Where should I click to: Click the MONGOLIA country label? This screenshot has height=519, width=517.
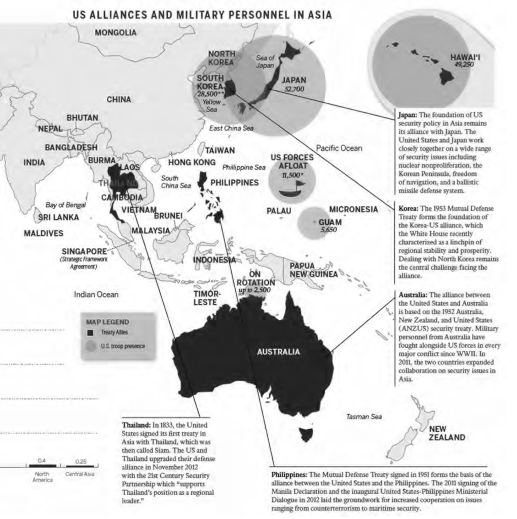click(115, 33)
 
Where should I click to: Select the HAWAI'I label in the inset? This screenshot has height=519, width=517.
click(465, 57)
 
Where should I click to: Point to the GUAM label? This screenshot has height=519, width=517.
click(329, 222)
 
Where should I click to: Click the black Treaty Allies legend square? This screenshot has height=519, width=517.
click(91, 332)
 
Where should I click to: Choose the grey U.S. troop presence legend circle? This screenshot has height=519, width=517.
click(91, 346)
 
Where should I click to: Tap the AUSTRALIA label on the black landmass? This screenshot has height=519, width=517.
click(278, 351)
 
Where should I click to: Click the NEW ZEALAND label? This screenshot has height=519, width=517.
click(447, 433)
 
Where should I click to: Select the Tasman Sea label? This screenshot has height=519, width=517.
click(364, 417)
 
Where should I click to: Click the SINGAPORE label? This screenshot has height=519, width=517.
click(84, 251)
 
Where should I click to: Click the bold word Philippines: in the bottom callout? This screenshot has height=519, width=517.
click(289, 474)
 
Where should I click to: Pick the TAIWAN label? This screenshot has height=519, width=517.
click(219, 151)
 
